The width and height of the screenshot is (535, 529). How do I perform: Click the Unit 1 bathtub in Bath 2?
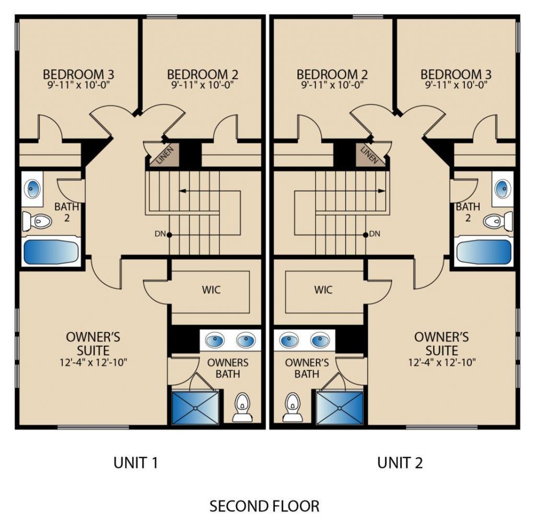51,251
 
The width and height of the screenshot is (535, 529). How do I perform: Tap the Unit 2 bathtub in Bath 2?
484,251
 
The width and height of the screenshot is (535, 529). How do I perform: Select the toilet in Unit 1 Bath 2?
37,221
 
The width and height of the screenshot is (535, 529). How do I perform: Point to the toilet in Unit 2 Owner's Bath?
293,407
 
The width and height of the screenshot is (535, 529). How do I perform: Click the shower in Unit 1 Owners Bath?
195,408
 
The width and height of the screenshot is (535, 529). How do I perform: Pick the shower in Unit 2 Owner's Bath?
340,408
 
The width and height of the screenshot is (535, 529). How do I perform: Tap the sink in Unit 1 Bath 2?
33,189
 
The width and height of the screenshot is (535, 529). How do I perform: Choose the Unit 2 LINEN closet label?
369,155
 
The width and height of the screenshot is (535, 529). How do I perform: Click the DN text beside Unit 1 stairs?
160,234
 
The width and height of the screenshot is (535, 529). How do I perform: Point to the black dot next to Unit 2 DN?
365,234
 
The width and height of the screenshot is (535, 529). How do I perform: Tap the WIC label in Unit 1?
211,290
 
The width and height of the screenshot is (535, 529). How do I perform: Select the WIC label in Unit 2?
323,290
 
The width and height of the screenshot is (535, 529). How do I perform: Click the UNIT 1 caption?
136,463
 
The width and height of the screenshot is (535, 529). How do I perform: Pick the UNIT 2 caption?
400,463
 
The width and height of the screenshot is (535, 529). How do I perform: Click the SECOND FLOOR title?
264,506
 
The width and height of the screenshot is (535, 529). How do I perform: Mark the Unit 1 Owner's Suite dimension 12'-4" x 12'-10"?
94,362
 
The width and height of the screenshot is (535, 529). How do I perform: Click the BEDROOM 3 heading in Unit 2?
456,74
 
